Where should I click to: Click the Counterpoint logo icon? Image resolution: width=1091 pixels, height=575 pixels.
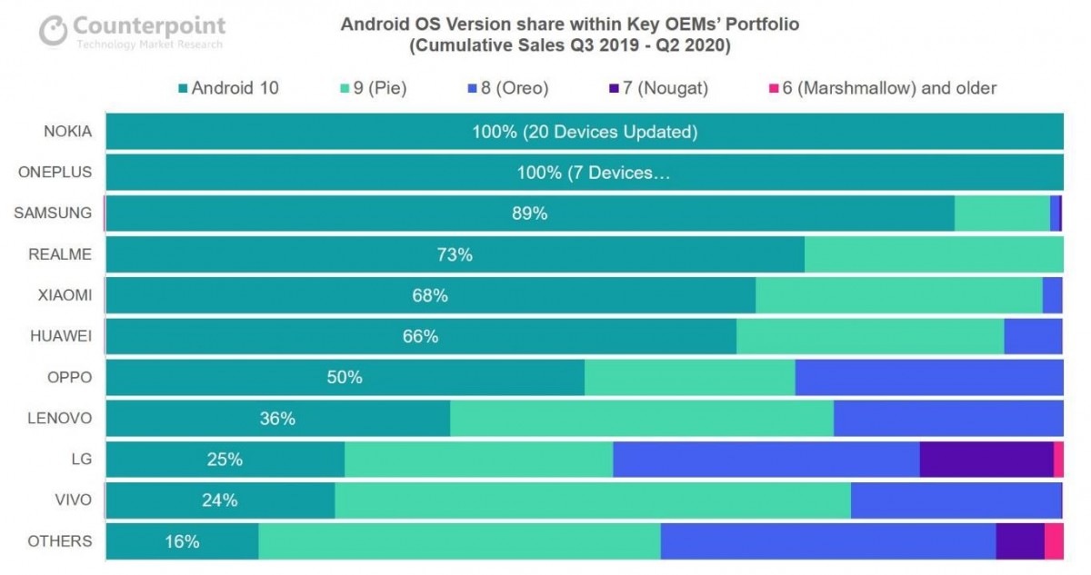(x=54, y=30)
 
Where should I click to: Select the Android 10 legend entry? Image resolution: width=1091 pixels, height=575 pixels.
(x=229, y=88)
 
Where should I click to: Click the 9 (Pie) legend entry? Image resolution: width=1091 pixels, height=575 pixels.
(x=374, y=88)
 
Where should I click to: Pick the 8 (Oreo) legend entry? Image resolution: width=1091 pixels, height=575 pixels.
(x=507, y=88)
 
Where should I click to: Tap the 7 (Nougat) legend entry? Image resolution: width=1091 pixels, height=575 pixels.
(x=656, y=88)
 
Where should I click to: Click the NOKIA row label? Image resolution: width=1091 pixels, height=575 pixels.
(x=68, y=131)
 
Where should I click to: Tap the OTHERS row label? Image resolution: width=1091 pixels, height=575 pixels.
(x=60, y=541)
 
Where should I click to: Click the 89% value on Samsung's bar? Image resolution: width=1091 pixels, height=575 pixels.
(x=529, y=214)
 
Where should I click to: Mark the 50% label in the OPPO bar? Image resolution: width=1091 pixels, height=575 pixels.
(x=345, y=378)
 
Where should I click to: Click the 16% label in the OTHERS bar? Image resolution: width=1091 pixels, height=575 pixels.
(x=182, y=541)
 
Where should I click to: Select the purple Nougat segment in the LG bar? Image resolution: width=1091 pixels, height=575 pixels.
(x=986, y=460)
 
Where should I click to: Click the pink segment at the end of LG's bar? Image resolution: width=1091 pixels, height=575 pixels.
(x=1058, y=460)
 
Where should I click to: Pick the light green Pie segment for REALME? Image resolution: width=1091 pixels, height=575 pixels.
(x=934, y=255)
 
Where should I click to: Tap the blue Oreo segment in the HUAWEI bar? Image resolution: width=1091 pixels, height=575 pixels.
(x=1033, y=337)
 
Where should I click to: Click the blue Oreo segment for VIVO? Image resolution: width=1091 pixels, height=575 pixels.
(x=955, y=501)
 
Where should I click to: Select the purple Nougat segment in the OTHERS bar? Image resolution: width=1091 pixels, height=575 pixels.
(x=1019, y=541)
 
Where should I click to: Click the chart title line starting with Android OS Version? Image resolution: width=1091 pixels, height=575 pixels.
(x=570, y=25)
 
